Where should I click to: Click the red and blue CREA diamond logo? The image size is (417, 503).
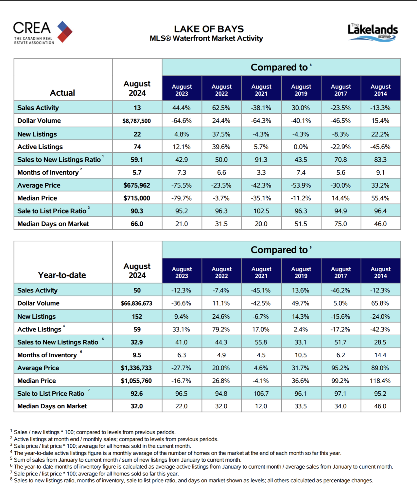coord(65,31)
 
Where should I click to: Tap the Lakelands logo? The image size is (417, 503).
coord(373,32)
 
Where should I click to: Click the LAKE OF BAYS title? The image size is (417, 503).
coord(209,29)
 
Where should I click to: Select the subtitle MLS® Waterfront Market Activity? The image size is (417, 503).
coord(206,38)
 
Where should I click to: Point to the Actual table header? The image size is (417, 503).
coord(62,93)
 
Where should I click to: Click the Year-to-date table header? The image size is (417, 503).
coord(62,275)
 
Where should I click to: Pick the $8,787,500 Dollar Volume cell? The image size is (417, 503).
coord(137,121)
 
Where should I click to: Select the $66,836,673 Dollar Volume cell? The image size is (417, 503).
coord(136,303)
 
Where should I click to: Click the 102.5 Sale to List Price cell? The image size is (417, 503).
coord(261,211)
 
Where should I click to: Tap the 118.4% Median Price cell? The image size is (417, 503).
coord(380,381)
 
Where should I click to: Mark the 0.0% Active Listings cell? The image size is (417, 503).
coord(301,147)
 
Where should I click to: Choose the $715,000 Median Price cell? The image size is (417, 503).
coord(137,198)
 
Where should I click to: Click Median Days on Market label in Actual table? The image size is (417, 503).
coord(53,224)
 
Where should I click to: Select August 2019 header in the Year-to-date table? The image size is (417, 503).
coord(301,272)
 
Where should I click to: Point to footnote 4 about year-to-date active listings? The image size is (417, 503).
coord(176,453)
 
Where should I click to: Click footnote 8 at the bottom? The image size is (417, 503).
coord(192,481)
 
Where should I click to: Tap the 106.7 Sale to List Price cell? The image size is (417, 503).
coord(261,394)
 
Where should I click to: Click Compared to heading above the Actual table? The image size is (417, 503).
coord(279,67)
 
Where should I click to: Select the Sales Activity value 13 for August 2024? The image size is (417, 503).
coord(137,108)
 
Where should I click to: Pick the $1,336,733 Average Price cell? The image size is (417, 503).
coord(136,368)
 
